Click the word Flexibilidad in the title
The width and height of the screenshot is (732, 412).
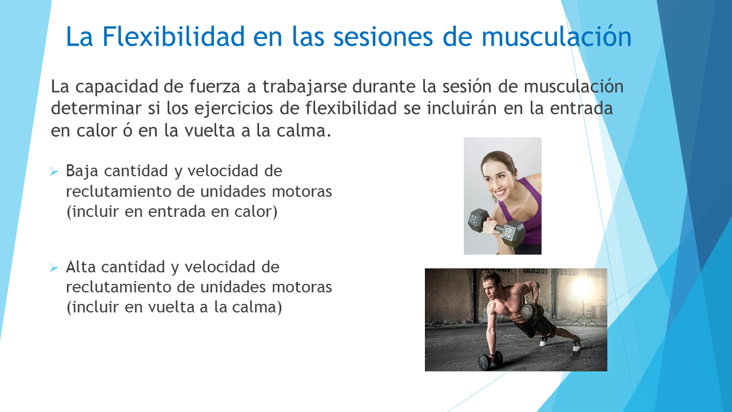click(173, 37)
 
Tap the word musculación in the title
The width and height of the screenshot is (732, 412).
click(556, 37)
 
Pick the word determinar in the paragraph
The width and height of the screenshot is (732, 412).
click(96, 108)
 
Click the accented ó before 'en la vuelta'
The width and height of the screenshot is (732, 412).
click(128, 130)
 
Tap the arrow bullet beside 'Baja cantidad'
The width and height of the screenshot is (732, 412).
click(54, 171)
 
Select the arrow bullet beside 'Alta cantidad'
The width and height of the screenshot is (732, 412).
click(54, 268)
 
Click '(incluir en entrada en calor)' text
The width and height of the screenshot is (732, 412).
click(172, 212)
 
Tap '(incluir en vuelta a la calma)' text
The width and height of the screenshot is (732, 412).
click(174, 307)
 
